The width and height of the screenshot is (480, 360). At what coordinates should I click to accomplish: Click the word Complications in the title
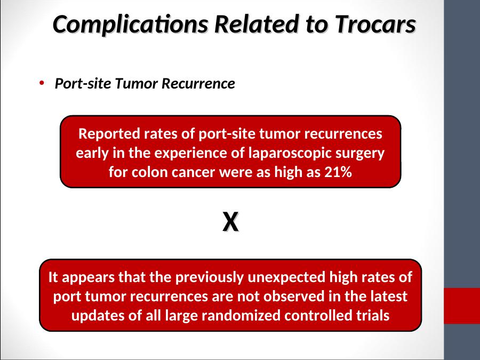131,25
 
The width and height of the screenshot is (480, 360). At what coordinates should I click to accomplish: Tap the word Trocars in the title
375,24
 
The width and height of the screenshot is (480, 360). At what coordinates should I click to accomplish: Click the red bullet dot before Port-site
42,83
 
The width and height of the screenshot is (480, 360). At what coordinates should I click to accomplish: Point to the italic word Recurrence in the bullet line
198,83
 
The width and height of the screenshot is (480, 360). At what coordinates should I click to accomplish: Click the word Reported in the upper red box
109,134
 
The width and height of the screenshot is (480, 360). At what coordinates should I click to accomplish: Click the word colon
150,172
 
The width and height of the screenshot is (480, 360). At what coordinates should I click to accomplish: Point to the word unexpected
286,277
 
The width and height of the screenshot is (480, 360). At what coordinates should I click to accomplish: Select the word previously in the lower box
210,278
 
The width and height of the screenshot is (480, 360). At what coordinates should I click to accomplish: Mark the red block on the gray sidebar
462,306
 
